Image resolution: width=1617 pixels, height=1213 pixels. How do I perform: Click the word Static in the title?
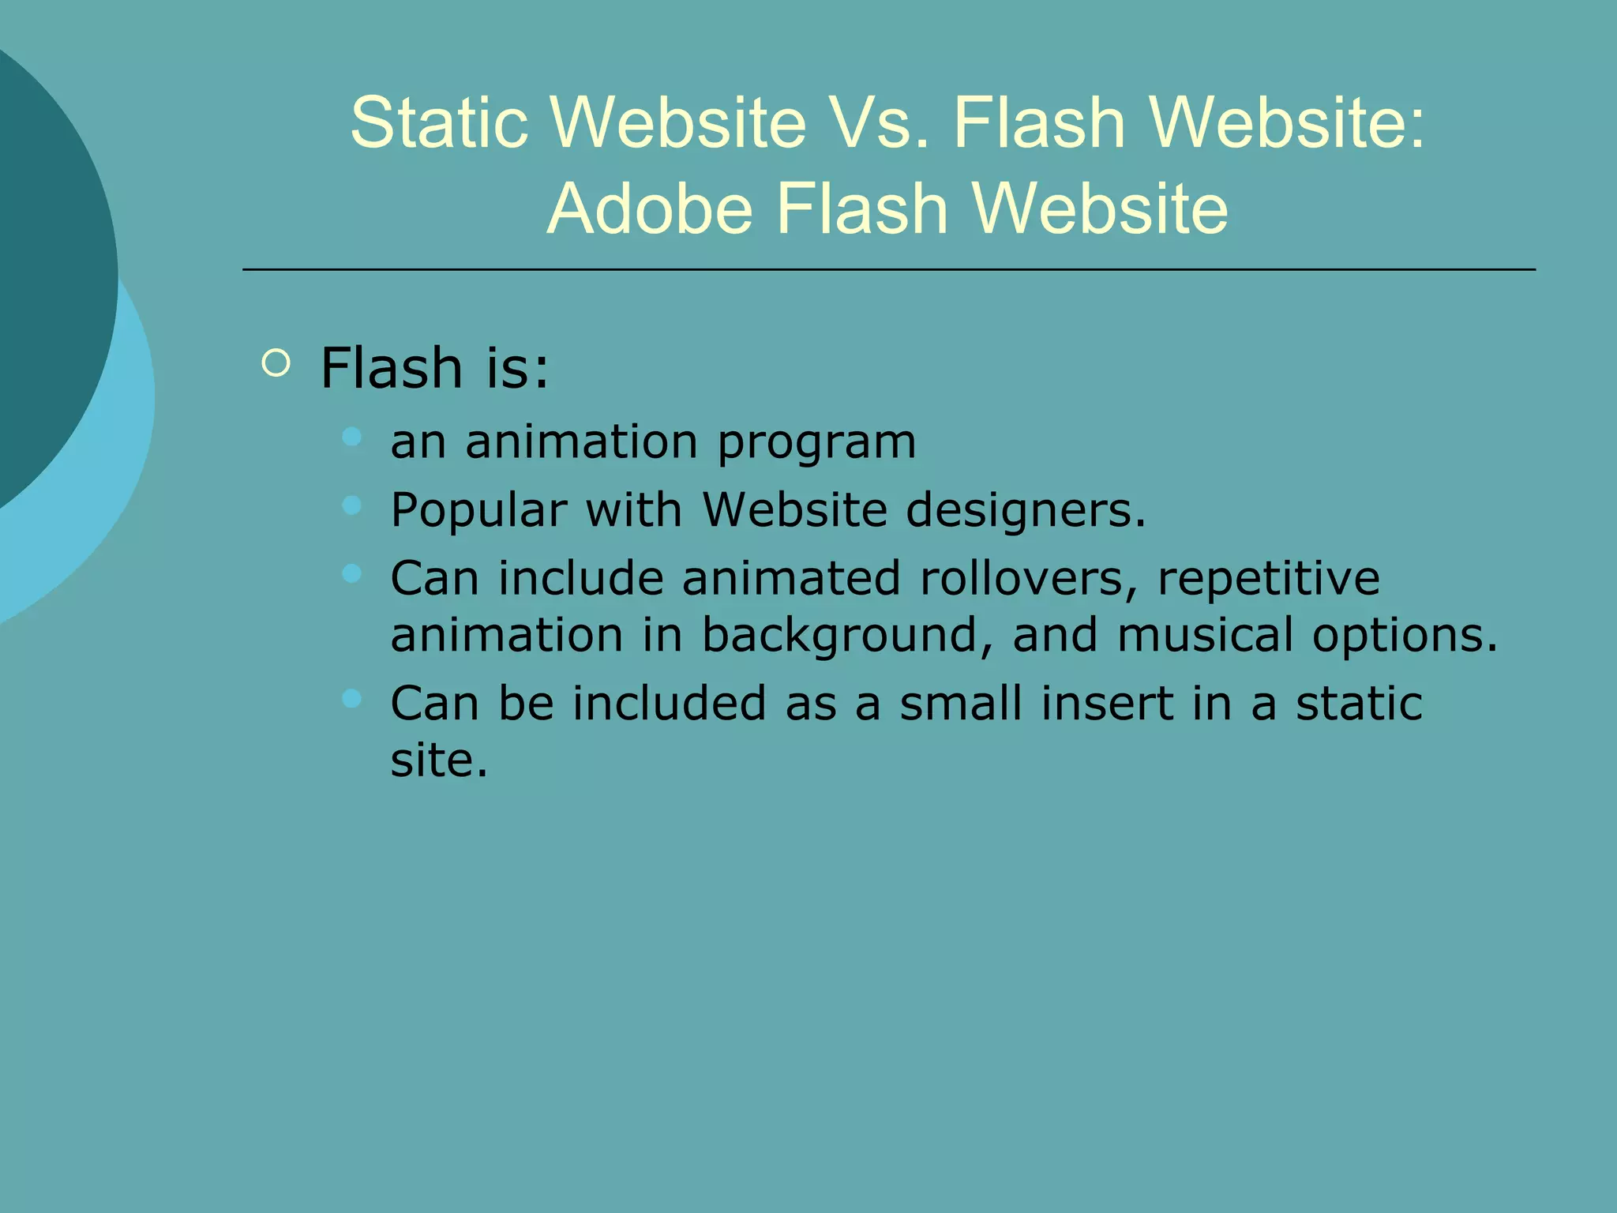coord(439,122)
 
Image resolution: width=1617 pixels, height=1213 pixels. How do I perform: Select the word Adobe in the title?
coord(649,209)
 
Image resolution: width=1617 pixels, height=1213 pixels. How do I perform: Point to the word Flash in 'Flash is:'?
coord(392,368)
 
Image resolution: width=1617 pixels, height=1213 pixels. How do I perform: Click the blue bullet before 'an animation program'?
coord(352,436)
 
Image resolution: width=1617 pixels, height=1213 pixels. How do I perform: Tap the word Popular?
coord(478,510)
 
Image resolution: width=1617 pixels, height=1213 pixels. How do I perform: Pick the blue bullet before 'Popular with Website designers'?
coord(352,505)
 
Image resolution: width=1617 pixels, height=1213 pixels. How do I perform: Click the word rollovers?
coord(1029,578)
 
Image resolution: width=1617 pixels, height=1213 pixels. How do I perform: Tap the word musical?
coord(1205,635)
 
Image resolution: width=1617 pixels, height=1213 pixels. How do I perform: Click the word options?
coord(1405,637)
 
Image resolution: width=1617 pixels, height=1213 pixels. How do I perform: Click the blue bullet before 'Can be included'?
coord(352,697)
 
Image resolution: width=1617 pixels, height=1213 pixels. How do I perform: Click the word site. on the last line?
coord(439,760)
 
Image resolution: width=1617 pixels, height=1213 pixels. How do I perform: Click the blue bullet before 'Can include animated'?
coord(352,573)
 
